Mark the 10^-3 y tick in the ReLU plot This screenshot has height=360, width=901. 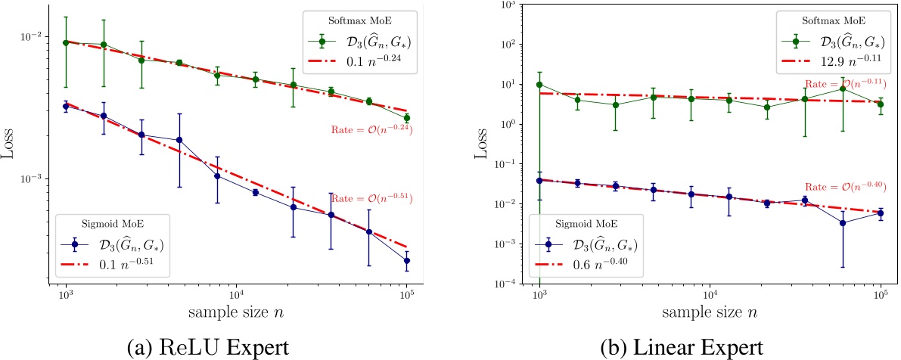(x=44, y=178)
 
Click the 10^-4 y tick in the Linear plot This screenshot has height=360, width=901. (x=517, y=283)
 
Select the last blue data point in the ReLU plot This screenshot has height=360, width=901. (x=406, y=260)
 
